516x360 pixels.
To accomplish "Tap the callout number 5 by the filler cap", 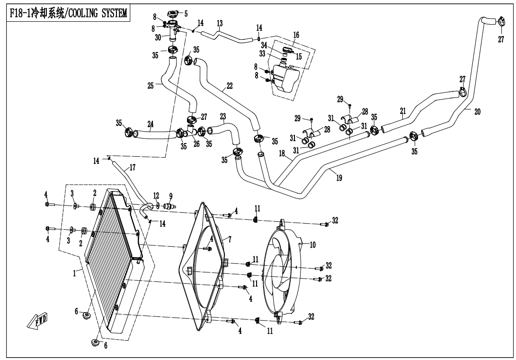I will [x=186, y=14].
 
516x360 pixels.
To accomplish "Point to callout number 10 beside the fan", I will [x=312, y=245].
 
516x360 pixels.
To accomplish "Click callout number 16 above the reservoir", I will [x=296, y=35].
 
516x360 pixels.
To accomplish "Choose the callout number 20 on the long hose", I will [x=477, y=112].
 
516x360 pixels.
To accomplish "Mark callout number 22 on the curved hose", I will [x=229, y=86].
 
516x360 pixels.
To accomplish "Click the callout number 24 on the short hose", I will [x=150, y=125].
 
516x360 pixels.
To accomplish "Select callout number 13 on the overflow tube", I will [x=220, y=23].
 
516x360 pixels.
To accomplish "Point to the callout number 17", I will [x=132, y=167].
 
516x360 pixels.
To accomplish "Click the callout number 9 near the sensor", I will [x=171, y=196].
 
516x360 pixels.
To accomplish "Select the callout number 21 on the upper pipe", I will [x=403, y=111].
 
